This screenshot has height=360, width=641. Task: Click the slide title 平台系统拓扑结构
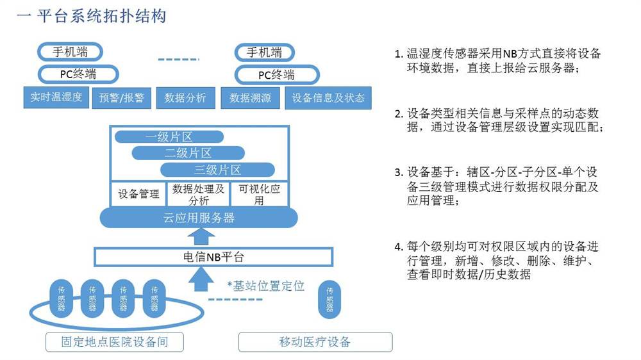click(102, 17)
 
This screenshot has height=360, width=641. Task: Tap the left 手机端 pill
click(70, 52)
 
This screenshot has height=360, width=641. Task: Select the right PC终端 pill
click(277, 75)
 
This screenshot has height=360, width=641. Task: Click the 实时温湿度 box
click(56, 97)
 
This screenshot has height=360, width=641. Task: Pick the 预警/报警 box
click(121, 98)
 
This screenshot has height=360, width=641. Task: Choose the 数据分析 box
click(186, 98)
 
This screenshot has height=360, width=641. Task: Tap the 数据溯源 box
click(250, 98)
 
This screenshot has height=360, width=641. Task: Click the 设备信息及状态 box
click(328, 98)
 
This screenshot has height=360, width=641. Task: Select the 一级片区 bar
click(169, 137)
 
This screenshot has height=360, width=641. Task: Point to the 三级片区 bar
click(217, 170)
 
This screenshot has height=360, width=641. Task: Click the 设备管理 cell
click(138, 193)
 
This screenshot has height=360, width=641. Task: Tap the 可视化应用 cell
click(259, 194)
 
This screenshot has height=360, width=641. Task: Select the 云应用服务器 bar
click(199, 217)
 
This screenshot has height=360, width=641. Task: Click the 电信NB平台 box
click(213, 257)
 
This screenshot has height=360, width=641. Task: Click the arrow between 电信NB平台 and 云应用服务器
click(200, 237)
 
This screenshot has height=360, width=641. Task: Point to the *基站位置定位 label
click(266, 286)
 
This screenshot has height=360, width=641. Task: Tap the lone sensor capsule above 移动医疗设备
click(329, 300)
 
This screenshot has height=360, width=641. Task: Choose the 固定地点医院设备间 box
click(115, 342)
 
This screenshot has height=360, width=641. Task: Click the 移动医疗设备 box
click(315, 342)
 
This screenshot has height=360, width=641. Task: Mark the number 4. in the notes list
click(399, 247)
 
